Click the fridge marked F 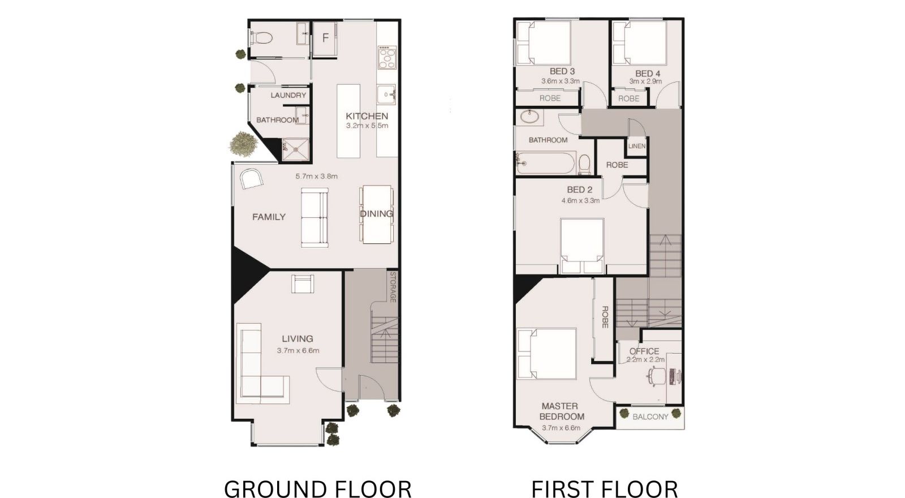[325, 38]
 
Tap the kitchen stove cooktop [387, 57]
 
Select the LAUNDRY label [288, 96]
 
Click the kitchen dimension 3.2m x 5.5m [367, 126]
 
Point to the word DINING [377, 213]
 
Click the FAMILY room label [269, 217]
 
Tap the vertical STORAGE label [393, 287]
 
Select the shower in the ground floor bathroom [295, 149]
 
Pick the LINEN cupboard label [637, 146]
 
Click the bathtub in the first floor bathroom [545, 164]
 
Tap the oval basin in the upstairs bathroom [529, 117]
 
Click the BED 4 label [647, 74]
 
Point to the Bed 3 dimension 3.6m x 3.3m [561, 81]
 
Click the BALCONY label [650, 417]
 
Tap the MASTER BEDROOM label [562, 411]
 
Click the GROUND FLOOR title [317, 489]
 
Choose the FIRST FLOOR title [605, 489]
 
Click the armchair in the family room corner [251, 179]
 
